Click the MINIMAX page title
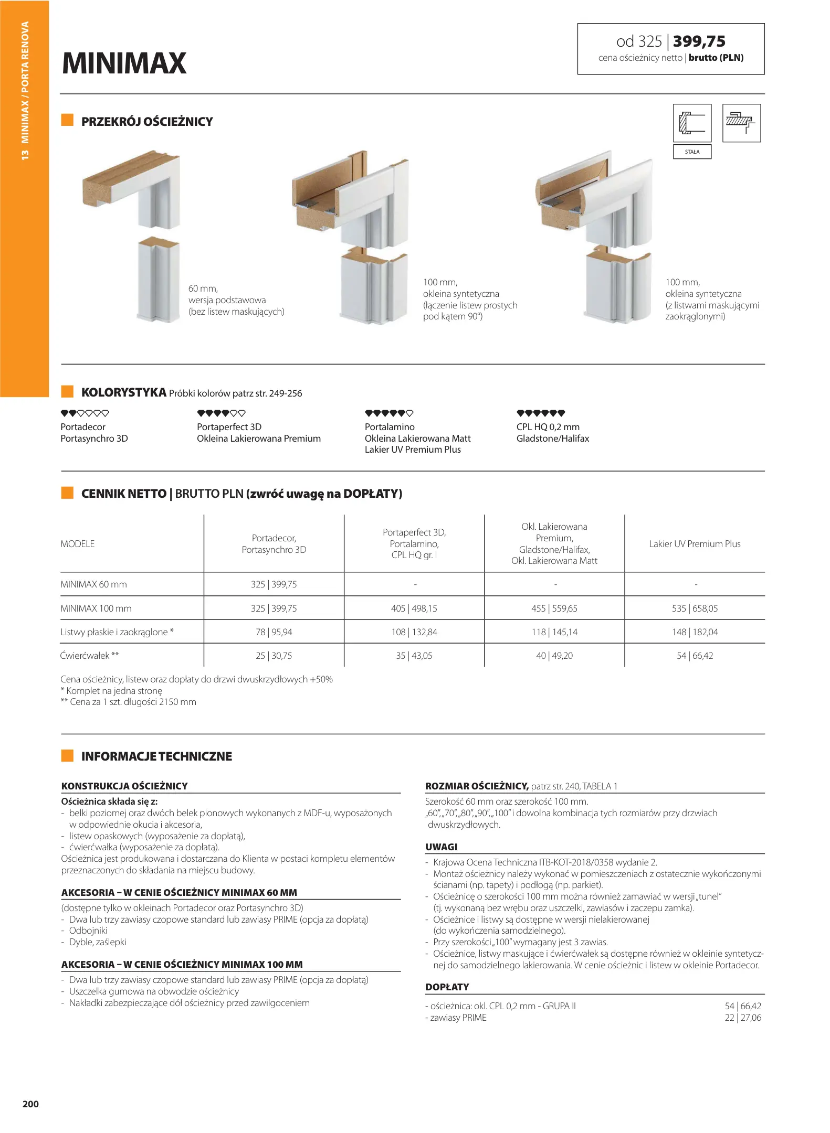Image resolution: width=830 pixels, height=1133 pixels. pos(124,63)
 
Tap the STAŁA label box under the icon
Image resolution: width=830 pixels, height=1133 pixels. pos(692,152)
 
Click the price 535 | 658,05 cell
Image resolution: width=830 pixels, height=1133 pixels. pos(695,608)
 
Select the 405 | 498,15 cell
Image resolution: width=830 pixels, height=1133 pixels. pos(414,608)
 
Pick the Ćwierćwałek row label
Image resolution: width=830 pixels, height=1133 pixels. pos(90,656)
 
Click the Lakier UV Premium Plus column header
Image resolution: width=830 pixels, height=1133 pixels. pos(695,544)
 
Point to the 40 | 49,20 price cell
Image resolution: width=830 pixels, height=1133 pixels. pos(554,656)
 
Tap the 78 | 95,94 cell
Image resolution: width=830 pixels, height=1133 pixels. pos(274,632)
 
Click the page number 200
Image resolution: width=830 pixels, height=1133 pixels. pos(30,1104)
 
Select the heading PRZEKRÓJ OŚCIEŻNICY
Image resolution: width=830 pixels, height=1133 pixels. pos(147,122)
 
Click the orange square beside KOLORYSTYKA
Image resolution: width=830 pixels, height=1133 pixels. pos(67,391)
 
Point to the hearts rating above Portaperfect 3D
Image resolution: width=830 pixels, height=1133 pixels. pos(221,413)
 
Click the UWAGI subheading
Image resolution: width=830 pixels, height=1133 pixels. pos(442,847)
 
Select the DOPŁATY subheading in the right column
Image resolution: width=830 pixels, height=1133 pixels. pos(447,987)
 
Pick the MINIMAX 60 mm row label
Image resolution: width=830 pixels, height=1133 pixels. pos(93,584)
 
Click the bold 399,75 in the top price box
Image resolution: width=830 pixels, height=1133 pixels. pos(699,41)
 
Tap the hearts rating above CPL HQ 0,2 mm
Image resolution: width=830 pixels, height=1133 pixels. pos(541,413)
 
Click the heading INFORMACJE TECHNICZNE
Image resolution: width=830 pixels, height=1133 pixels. pos(156,756)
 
